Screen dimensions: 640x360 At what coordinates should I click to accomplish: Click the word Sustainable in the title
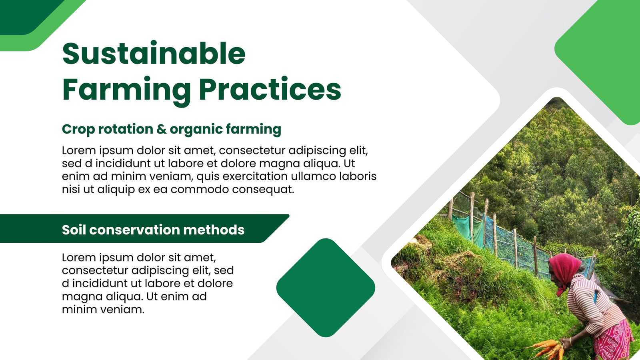coord(154,54)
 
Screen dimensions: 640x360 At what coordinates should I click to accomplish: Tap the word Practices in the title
coord(272,88)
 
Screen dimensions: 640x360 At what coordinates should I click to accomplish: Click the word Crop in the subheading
coord(78,129)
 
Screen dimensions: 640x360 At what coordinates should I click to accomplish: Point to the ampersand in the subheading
coord(162,129)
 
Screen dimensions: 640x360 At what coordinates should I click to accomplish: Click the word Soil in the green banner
coord(74,230)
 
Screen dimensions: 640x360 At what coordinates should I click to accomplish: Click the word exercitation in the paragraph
coord(255,176)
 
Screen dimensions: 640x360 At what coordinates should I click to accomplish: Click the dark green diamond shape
coord(326,288)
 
